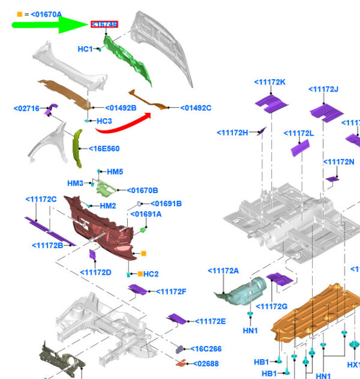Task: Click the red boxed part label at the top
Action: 104,25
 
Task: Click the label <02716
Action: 26,109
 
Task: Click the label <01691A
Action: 146,213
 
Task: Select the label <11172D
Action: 96,272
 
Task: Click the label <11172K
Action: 269,82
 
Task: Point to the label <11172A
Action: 223,271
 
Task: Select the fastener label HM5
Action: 115,172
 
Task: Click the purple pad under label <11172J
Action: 326,112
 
